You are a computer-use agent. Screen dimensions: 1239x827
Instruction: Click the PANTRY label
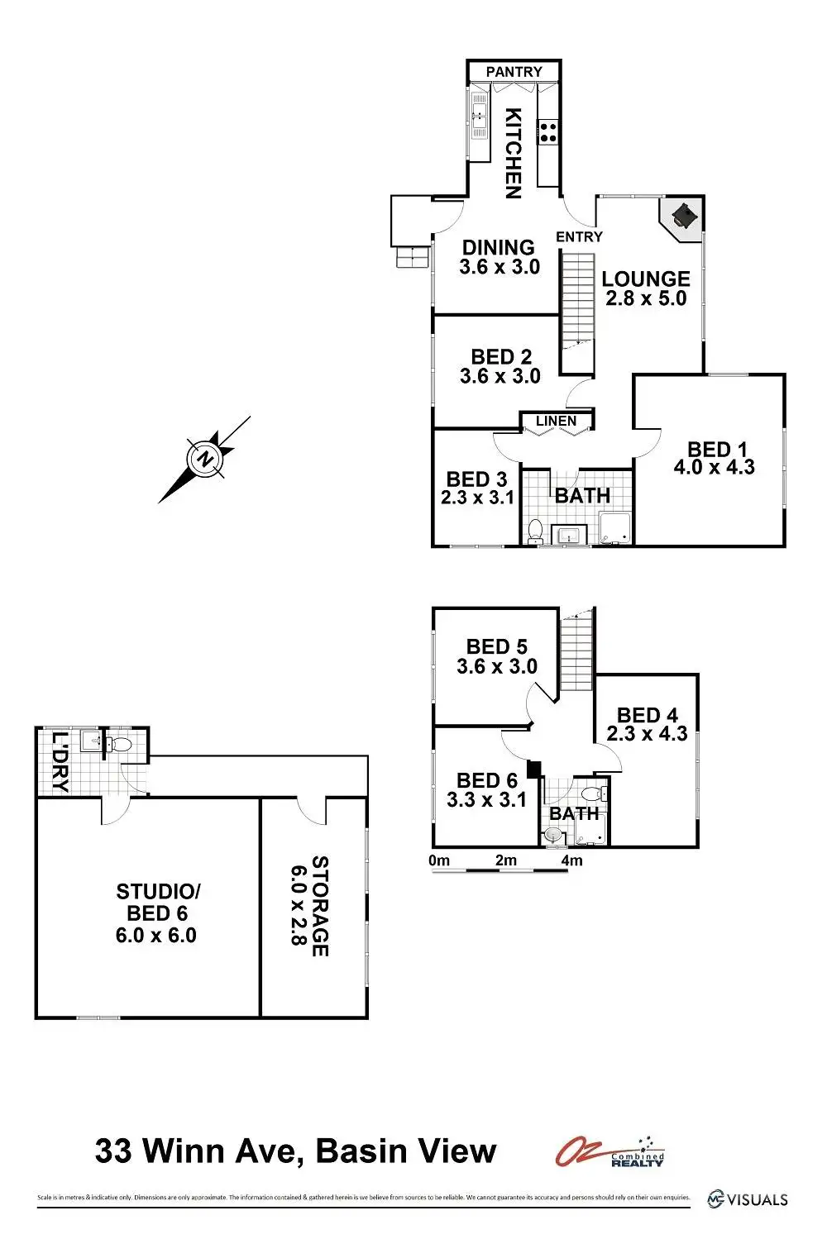click(514, 72)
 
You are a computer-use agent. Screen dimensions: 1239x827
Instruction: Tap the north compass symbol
click(204, 460)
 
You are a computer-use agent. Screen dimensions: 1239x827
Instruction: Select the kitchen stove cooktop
click(548, 130)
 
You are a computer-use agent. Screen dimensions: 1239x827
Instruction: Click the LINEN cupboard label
click(556, 422)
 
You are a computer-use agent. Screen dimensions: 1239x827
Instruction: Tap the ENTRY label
click(579, 237)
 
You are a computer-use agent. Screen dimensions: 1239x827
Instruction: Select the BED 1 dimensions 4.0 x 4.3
click(714, 468)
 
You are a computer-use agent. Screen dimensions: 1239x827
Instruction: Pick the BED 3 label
click(476, 479)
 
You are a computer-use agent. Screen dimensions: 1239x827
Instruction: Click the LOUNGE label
click(645, 279)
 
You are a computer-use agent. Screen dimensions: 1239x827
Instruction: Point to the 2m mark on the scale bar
click(505, 860)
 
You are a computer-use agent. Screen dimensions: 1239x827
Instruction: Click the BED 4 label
click(647, 715)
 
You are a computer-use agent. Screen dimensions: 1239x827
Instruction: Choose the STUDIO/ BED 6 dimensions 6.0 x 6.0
click(156, 936)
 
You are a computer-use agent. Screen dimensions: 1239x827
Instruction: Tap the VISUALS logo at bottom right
click(748, 1198)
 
